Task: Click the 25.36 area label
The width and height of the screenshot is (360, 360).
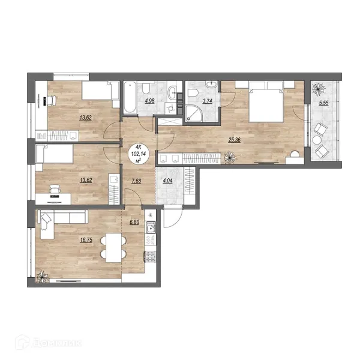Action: (235, 140)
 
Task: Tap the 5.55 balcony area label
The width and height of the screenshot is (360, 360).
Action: (323, 103)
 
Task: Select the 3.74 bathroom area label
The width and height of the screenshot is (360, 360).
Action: (207, 101)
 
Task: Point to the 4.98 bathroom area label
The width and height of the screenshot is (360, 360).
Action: (149, 101)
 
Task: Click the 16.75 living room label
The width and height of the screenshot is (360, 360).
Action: (86, 240)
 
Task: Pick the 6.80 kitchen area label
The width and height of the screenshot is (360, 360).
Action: (134, 222)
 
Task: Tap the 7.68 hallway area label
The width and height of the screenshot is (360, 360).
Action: (136, 181)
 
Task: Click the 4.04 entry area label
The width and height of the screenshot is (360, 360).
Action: (167, 181)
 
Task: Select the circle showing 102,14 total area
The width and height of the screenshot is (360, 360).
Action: (139, 154)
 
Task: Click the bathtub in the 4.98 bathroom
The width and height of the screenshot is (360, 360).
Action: (130, 98)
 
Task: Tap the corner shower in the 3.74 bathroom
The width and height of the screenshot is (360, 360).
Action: (193, 113)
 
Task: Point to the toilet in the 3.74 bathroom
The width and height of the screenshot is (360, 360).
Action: (193, 93)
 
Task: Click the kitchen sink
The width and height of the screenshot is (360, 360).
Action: (151, 229)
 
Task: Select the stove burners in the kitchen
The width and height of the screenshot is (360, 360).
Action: (151, 257)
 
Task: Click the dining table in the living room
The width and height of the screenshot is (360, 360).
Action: (113, 248)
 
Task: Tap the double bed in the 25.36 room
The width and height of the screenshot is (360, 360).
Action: (266, 101)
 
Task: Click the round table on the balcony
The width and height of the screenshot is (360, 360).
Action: (317, 140)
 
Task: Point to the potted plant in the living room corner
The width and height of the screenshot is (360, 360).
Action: (43, 277)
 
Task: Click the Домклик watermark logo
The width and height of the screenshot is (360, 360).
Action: (49, 343)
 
